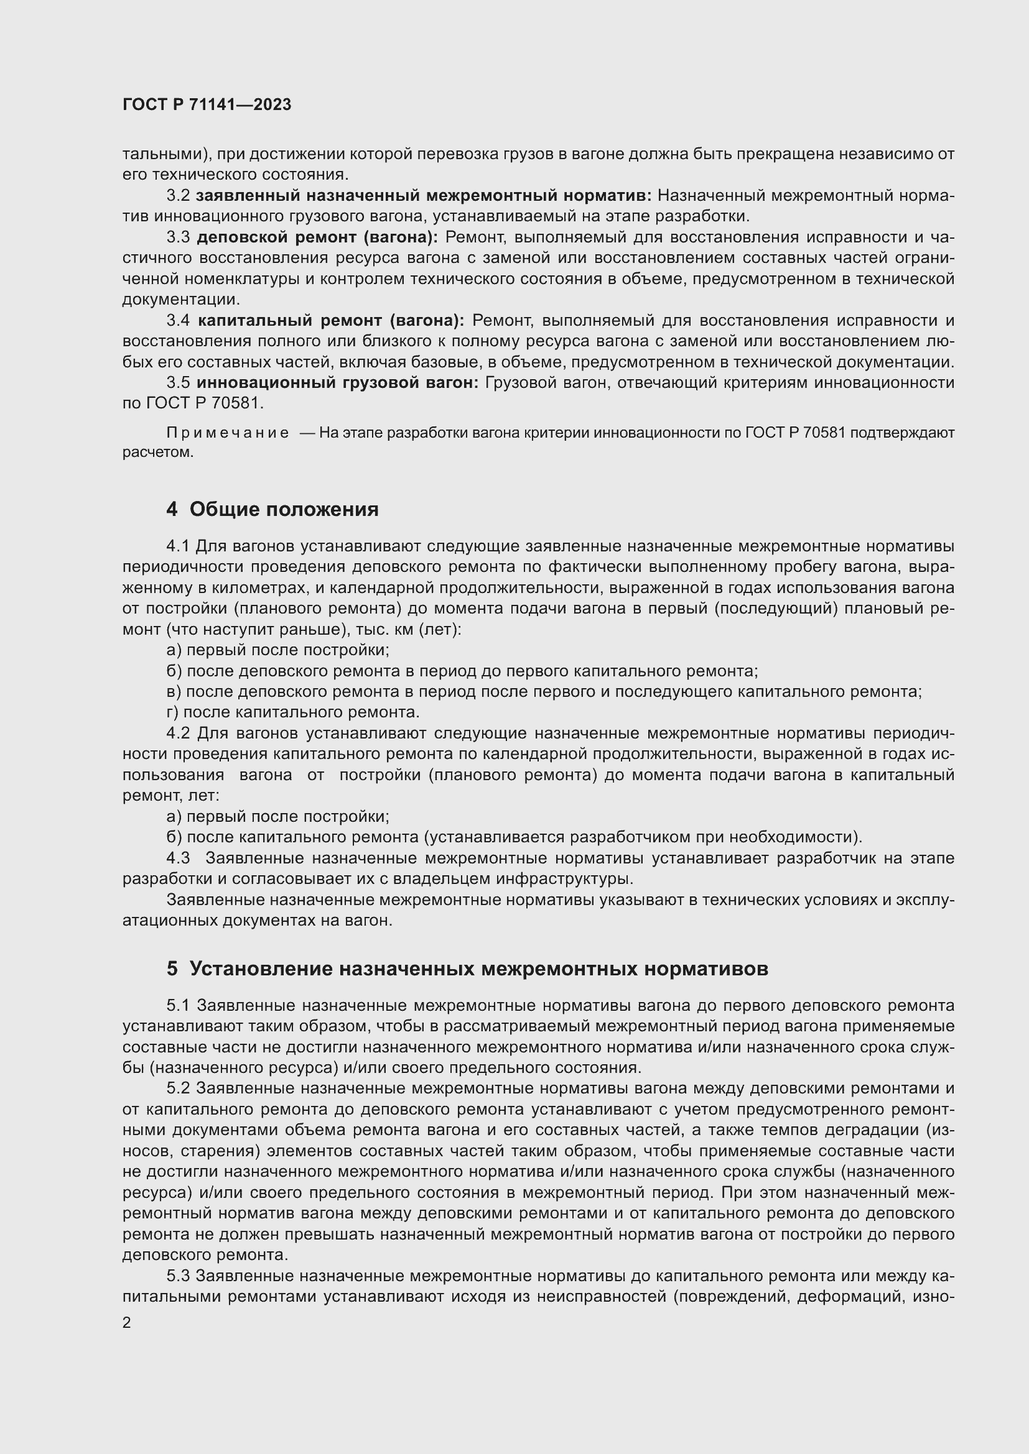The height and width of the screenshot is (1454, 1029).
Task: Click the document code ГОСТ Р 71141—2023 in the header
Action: (207, 104)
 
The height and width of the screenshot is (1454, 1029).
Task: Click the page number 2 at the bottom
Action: (127, 1323)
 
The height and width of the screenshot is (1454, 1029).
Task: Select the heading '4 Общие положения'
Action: (272, 509)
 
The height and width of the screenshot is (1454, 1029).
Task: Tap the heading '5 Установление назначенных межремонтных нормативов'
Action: (467, 969)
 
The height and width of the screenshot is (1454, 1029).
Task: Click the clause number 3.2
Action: (178, 196)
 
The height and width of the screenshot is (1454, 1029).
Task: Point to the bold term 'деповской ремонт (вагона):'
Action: (317, 237)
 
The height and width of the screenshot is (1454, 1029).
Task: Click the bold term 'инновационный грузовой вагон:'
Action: (338, 382)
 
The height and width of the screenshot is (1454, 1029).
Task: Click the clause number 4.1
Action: (178, 546)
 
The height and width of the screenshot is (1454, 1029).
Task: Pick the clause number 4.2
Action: (178, 734)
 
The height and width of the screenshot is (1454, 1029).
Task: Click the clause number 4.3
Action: (178, 858)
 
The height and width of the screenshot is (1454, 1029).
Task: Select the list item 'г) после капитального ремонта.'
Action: (293, 712)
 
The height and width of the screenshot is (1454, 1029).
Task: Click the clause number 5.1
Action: (178, 1006)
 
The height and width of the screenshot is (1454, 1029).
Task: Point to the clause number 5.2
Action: (178, 1088)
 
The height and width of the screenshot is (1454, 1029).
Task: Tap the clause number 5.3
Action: (178, 1276)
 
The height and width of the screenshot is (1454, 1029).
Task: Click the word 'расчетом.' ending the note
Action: (158, 453)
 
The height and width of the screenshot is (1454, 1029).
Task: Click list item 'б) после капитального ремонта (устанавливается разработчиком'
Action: (514, 837)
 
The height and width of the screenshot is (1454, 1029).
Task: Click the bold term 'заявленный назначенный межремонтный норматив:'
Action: (424, 196)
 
